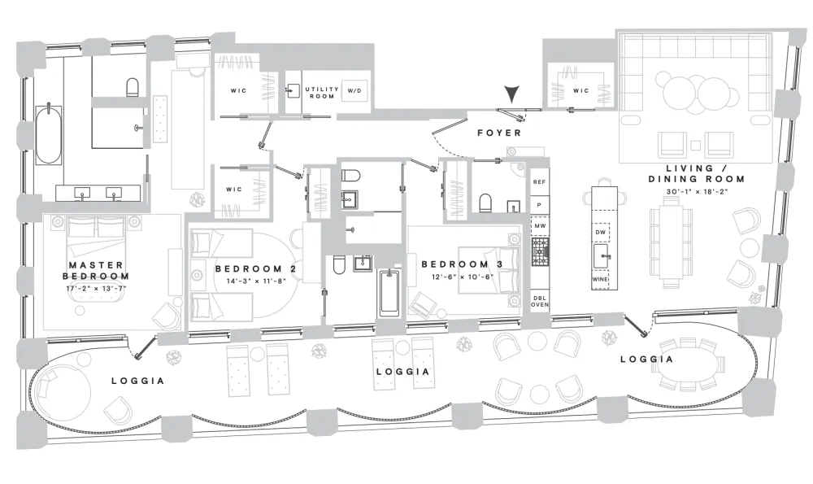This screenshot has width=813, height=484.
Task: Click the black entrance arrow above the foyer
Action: coord(511,94)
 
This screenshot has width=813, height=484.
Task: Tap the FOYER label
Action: coord(499,133)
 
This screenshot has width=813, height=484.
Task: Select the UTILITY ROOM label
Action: coord(321,93)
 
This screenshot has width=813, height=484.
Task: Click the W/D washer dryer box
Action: coord(354,91)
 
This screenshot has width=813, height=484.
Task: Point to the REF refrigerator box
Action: coord(539,182)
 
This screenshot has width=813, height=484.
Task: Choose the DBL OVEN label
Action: coord(539,302)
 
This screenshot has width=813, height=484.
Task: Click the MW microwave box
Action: coord(539,226)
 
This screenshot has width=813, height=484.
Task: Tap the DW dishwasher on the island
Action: coord(601,233)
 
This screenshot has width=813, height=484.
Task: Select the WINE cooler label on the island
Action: coord(600,279)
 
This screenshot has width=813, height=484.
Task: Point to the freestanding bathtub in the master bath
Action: coord(49,134)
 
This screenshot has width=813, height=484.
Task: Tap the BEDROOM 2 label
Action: coord(255,268)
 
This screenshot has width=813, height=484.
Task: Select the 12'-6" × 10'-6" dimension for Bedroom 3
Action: coord(463,277)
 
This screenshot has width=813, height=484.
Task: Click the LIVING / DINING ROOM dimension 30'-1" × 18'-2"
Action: coord(697,191)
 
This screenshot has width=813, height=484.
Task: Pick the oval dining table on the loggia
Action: coord(692,364)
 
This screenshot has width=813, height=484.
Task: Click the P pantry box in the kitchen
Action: coord(539,206)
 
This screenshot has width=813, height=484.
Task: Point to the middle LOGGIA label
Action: coord(403,372)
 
